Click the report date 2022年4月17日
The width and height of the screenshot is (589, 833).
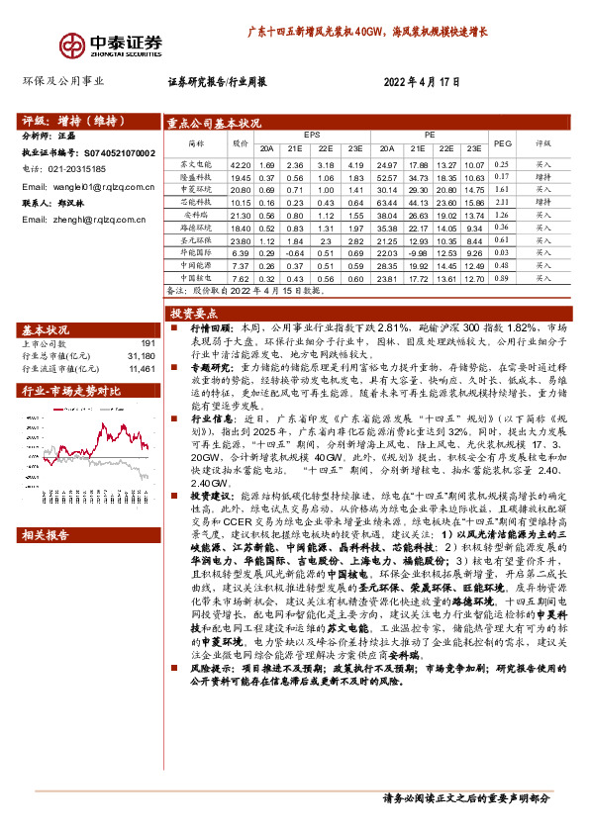click(421, 83)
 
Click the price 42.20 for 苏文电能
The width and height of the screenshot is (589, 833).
click(240, 164)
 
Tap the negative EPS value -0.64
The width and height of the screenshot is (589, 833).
click(294, 253)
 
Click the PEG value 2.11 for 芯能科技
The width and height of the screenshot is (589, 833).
click(502, 202)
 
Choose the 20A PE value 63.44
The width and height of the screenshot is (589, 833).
click(388, 202)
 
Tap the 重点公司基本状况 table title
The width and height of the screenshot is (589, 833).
click(215, 124)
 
